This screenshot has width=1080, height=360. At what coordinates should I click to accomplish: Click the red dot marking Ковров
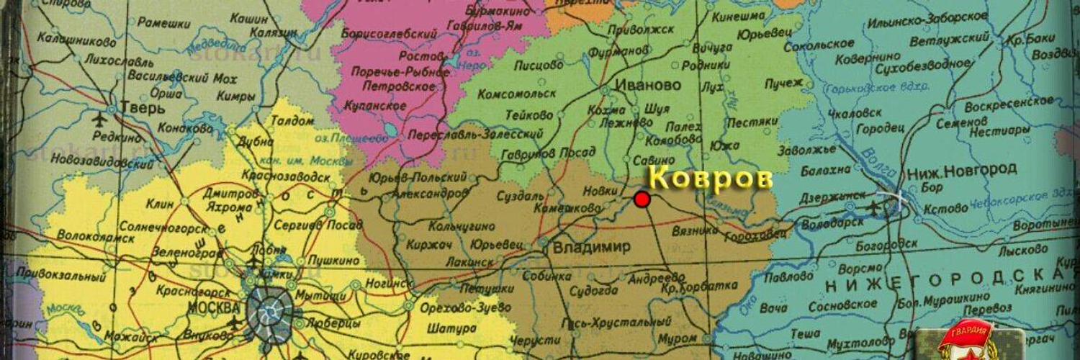coord(642,199)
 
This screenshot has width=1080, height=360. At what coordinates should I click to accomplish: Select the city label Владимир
coord(591,247)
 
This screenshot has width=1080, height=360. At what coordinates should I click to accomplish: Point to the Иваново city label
coord(648,85)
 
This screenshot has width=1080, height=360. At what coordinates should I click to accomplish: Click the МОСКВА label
coord(213,307)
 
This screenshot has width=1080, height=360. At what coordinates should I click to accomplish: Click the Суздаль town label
coord(520,196)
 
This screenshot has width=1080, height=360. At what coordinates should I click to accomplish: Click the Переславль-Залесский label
coord(474,135)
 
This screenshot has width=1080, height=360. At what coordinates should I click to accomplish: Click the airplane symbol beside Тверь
coord(99,119)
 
